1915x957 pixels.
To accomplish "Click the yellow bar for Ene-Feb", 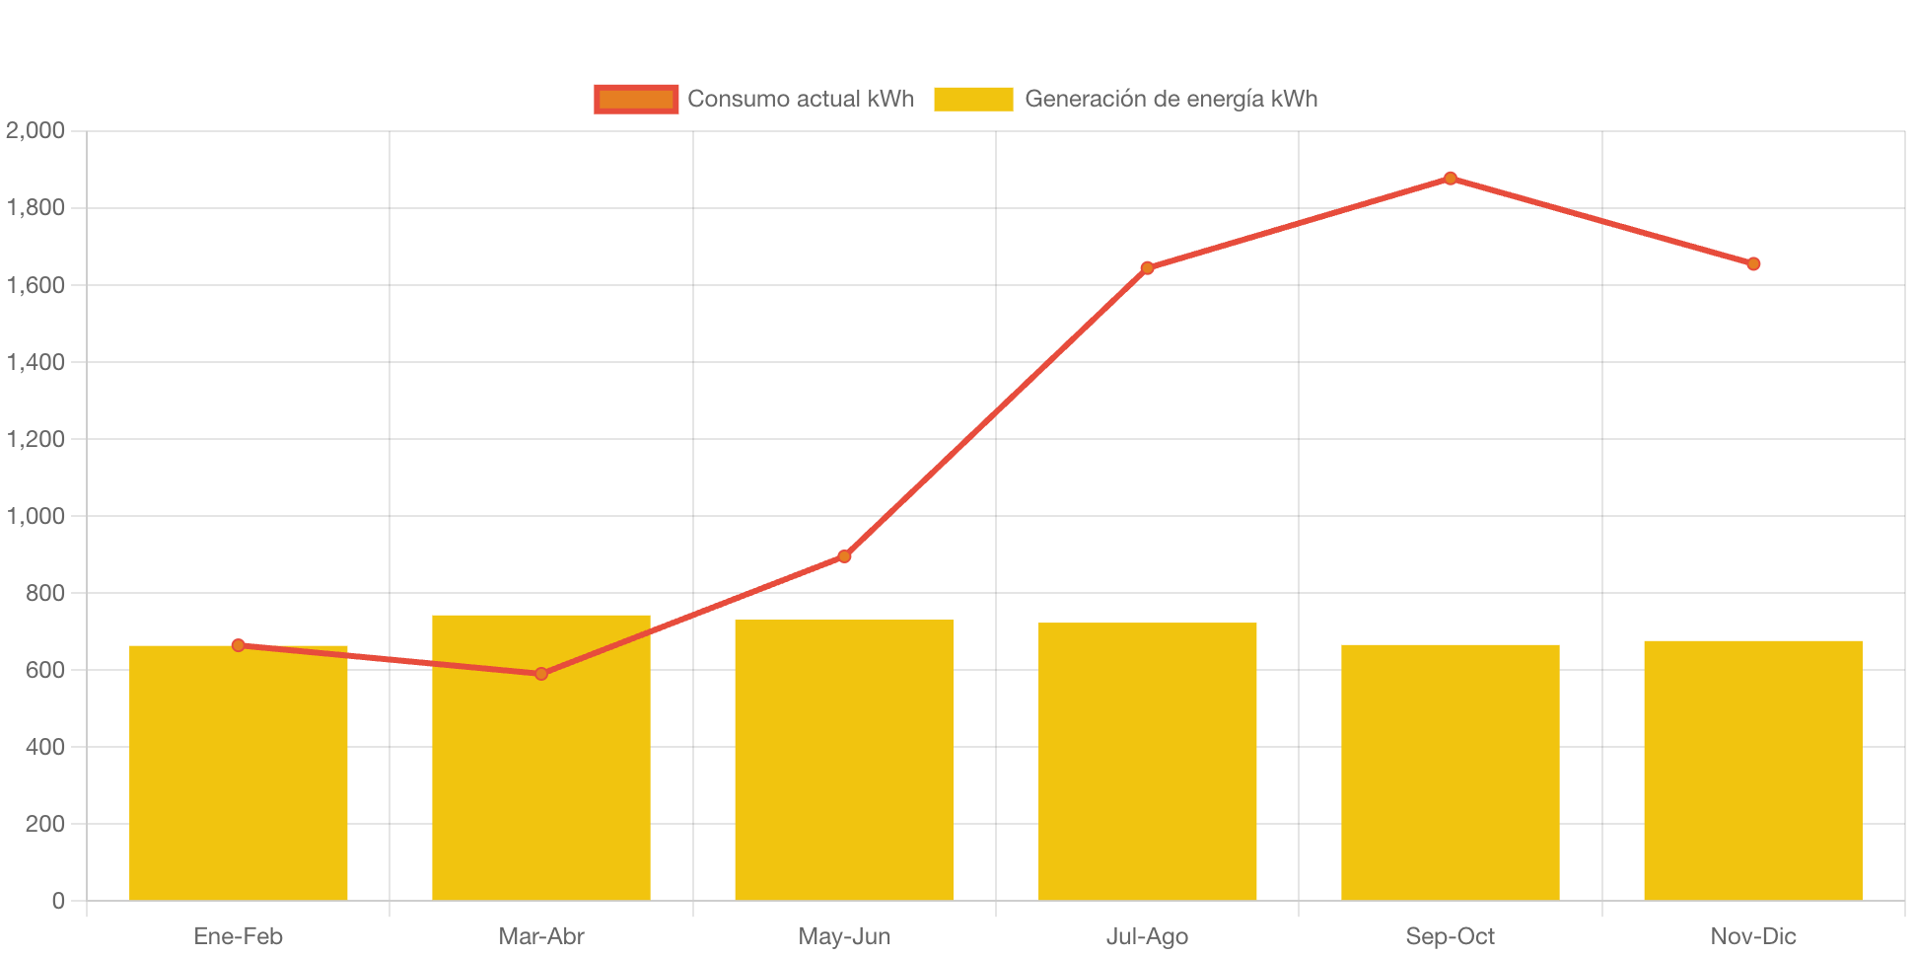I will (238, 779).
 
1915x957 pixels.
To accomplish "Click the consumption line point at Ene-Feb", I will (238, 645).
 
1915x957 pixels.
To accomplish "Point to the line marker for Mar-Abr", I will (541, 674).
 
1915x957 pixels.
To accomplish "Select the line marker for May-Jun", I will (844, 556).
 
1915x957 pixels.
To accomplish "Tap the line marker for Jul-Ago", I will (1147, 267).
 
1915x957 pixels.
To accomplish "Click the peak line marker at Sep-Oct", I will (1450, 179).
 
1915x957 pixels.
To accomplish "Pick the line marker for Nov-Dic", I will (1753, 264).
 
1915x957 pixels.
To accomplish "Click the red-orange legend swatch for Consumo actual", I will (636, 99).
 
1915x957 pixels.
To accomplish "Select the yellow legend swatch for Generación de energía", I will (973, 99).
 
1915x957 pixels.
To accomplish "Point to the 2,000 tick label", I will (35, 130).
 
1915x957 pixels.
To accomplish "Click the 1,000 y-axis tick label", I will (35, 516).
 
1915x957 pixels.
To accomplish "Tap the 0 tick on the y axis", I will (58, 901).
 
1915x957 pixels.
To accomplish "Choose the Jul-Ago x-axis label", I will (1147, 936).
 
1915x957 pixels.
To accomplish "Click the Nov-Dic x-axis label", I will (1753, 936).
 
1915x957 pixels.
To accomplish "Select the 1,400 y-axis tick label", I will (35, 362).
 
